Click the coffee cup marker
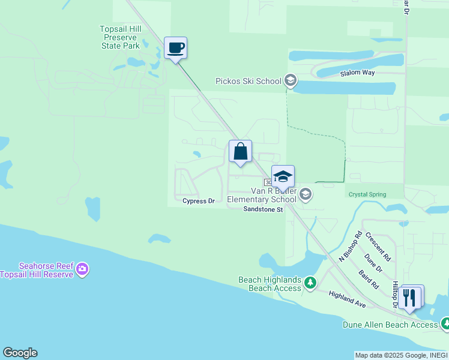coord(175,48)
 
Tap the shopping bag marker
coord(240,151)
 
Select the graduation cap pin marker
coord(283,177)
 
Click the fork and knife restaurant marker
coord(411,297)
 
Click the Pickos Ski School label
coord(249,81)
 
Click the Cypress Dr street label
coord(198,201)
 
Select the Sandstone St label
coord(262,209)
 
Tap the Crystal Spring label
coord(367,194)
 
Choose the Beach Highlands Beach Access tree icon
coord(310,282)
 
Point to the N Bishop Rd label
coord(351,246)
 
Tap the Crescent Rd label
coord(378,247)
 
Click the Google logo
coord(20,353)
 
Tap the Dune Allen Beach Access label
coord(390,325)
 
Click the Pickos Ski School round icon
coord(291,80)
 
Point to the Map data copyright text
coord(401,355)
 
